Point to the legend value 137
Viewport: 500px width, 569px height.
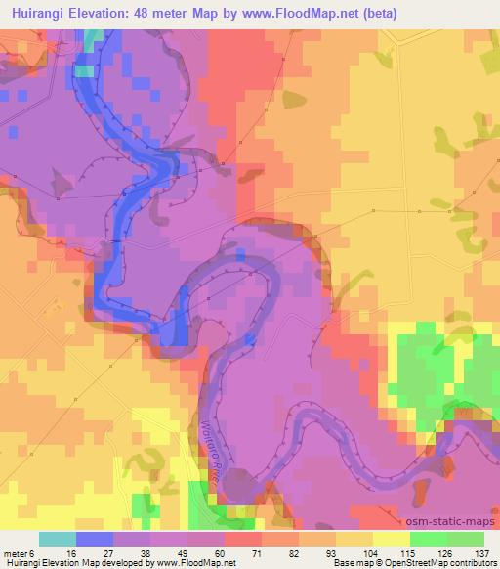[x=482, y=552]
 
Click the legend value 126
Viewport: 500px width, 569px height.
[x=445, y=552]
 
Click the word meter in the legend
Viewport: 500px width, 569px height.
[x=19, y=552]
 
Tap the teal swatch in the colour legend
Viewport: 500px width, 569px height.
[x=58, y=539]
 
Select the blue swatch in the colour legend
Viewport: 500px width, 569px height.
[x=95, y=539]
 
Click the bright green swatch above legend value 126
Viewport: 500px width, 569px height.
[x=429, y=539]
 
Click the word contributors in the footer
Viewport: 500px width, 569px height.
[x=472, y=563]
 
